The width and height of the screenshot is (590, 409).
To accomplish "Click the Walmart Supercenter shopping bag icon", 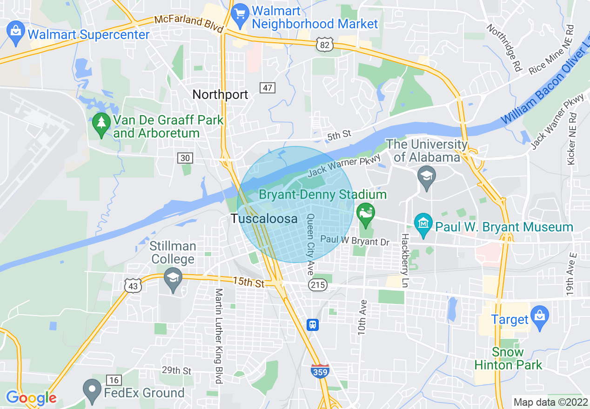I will point(16,34).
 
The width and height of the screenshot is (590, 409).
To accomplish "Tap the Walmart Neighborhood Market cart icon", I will point(240,15).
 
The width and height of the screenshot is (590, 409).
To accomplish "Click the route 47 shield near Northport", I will point(268,87).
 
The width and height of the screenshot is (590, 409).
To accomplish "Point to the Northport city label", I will point(220,94).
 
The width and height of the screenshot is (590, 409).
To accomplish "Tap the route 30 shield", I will point(185,158).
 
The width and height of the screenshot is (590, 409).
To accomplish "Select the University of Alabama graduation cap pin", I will point(426,177).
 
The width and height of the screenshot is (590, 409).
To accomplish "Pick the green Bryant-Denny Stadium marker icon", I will point(365,213).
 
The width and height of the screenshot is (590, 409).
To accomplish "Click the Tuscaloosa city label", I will point(264,218).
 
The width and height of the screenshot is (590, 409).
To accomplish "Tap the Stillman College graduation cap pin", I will point(173,278).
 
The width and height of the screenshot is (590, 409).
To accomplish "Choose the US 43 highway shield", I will point(133,286).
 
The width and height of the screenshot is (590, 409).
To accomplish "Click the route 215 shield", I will point(318,285).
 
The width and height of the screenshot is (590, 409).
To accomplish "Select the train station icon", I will point(313,324).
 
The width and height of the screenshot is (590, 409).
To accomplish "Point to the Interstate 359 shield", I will point(320,371).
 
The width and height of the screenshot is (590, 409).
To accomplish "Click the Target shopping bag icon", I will point(540,317).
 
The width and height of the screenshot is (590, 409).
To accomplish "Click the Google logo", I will point(31,397).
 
